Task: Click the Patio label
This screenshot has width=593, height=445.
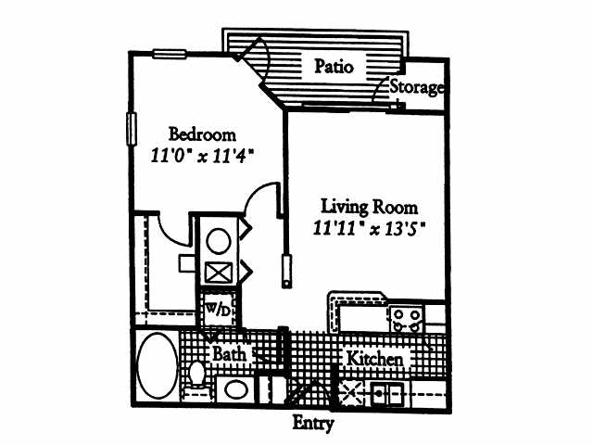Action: [x=334, y=67]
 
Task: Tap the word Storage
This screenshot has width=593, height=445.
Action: [x=417, y=87]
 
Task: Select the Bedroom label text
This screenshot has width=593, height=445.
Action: [x=202, y=134]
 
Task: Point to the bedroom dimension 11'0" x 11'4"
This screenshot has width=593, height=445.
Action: [x=202, y=156]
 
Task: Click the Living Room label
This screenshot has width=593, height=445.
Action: [x=370, y=208]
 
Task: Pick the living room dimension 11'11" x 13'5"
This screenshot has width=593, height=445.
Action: [x=370, y=229]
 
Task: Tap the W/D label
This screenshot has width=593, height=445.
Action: [x=218, y=310]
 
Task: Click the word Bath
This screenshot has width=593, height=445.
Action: [x=229, y=354]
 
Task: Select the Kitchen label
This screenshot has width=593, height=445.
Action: [x=374, y=359]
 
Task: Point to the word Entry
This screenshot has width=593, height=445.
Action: [x=313, y=424]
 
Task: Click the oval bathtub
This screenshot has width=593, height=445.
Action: [x=158, y=365]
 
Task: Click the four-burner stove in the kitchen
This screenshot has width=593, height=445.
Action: [x=406, y=320]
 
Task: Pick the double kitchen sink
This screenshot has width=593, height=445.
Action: [x=387, y=393]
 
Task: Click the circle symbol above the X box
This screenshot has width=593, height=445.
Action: [x=219, y=241]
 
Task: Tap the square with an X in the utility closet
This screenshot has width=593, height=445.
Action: [x=219, y=273]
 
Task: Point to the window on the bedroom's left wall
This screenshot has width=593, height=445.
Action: [x=132, y=129]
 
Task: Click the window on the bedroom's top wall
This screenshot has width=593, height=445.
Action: [x=170, y=55]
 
